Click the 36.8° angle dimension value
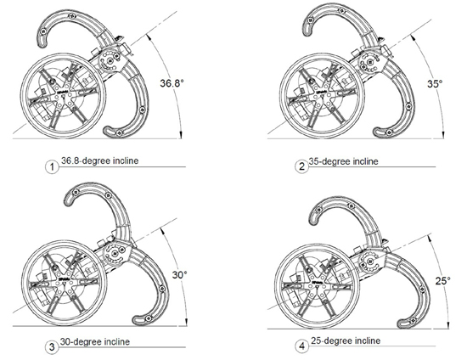tap(172, 82)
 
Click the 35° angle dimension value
tap(435, 84)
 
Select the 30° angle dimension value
tap(180, 274)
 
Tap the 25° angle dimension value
tap(443, 280)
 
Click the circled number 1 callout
tap(52, 166)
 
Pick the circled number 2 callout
tap(301, 166)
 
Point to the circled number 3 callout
tap(52, 346)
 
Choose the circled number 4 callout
tap(301, 346)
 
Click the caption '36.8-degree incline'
tap(100, 160)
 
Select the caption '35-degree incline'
tap(343, 161)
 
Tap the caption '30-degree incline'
tap(95, 341)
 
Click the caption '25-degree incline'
tap(346, 340)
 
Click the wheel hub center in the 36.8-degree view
tap(63, 96)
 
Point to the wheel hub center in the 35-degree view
tap(322, 96)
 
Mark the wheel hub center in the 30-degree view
tap(64, 283)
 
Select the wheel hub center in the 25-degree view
tap(317, 285)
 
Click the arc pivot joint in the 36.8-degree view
tap(110, 61)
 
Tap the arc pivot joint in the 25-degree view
tap(370, 262)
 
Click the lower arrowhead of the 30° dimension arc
tap(187, 322)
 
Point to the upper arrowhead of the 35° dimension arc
tap(412, 37)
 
